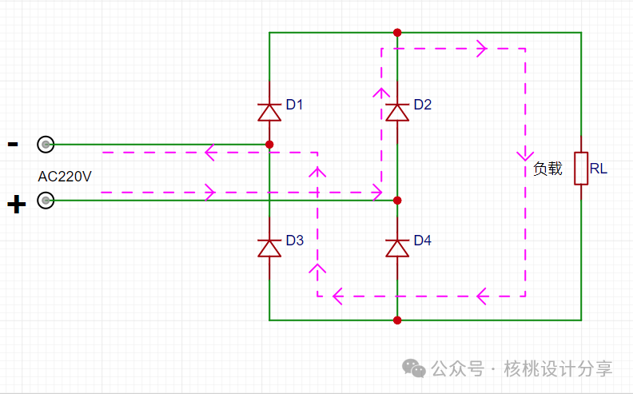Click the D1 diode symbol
click(x=269, y=112)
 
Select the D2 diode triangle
click(x=397, y=112)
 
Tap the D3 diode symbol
click(x=269, y=249)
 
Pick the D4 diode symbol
click(x=397, y=249)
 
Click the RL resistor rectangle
click(x=581, y=169)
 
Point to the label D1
click(x=294, y=105)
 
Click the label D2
click(x=423, y=105)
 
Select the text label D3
click(x=295, y=241)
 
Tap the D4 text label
click(x=423, y=241)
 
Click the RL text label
click(x=599, y=169)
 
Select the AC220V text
click(x=65, y=177)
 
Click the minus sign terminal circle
click(x=46, y=144)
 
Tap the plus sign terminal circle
click(x=46, y=201)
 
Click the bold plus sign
click(x=17, y=205)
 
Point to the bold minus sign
click(x=13, y=144)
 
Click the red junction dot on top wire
click(x=397, y=32)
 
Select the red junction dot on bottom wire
click(x=397, y=320)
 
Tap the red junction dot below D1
click(x=269, y=144)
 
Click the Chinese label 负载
click(x=547, y=169)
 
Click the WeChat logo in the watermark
click(x=414, y=368)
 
